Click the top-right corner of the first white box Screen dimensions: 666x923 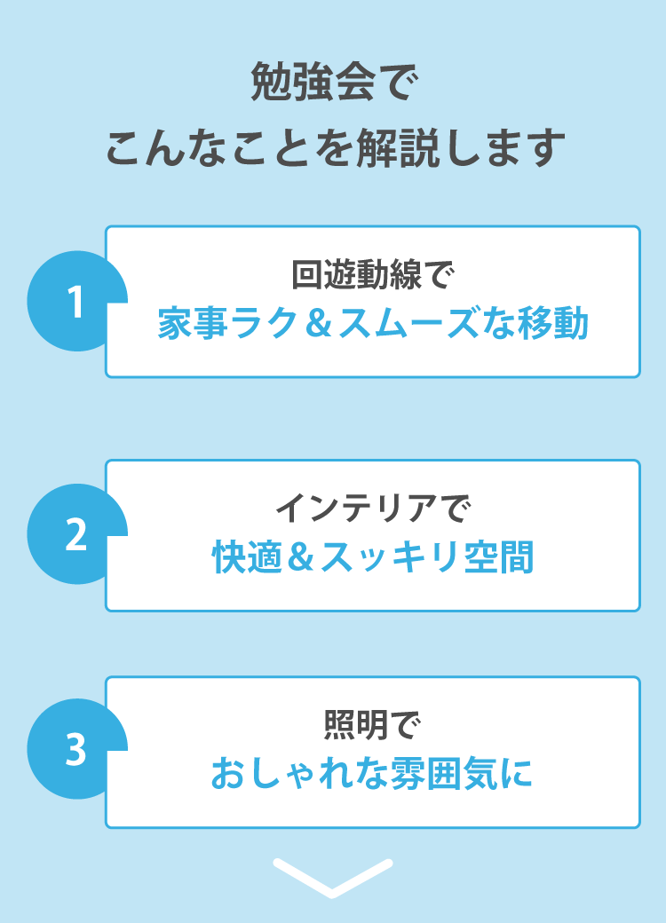[639, 226]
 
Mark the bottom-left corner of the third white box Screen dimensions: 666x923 [106, 827]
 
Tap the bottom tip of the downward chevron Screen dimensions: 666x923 [333, 897]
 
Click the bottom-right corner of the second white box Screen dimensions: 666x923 [639, 611]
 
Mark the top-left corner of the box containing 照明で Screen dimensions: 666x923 [106, 677]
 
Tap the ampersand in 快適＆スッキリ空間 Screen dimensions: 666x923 [301, 556]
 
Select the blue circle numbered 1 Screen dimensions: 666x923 [77, 301]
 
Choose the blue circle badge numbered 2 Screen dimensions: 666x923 [77, 534]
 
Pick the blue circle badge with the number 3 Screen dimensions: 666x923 [77, 749]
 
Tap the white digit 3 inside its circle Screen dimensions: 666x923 [76, 750]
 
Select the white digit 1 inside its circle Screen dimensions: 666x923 [75, 302]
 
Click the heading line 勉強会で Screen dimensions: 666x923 [334, 82]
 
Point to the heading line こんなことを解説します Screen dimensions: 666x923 [335, 147]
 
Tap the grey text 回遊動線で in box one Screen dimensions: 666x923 [373, 274]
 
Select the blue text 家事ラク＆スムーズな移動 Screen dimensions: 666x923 [373, 323]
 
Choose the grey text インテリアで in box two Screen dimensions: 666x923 [373, 508]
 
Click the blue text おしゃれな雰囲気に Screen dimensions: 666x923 [372, 773]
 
